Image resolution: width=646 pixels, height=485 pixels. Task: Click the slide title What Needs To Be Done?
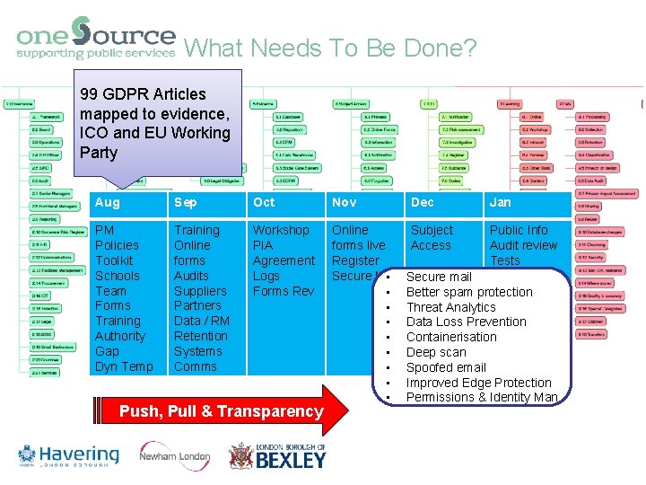coord(330,48)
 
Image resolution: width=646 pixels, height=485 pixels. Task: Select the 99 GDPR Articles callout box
coord(156,123)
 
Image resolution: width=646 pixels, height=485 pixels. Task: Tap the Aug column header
coord(108,203)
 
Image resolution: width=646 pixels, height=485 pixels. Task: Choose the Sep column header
coord(186,203)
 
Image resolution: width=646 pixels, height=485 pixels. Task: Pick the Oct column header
coord(264,203)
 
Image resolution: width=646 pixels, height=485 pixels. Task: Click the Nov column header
coord(344,203)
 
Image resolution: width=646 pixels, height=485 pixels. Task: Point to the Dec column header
coord(422,203)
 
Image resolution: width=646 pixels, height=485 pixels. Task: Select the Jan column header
coord(500,203)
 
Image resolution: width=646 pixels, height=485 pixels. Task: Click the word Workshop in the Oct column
coord(281,230)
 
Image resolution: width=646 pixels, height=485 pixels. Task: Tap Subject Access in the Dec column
coord(432,237)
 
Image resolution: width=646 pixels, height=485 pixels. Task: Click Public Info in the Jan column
coord(519,230)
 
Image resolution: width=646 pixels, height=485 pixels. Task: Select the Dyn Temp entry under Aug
coord(124,366)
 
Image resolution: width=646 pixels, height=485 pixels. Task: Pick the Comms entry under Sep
coord(196,366)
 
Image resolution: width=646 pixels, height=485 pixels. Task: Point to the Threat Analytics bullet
coord(450,307)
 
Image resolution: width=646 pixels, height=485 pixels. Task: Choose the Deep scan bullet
coord(436,352)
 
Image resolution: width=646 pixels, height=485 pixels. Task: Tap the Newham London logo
coord(175,455)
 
